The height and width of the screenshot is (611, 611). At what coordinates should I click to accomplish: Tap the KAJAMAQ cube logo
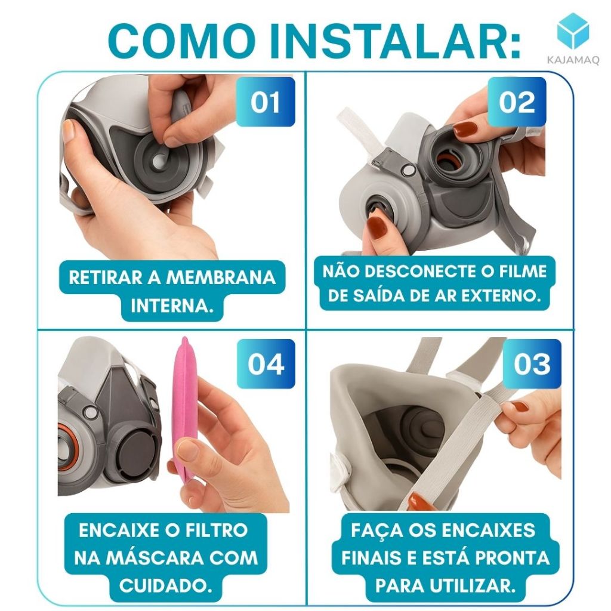[573, 31]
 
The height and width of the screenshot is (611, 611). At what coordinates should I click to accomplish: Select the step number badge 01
[266, 101]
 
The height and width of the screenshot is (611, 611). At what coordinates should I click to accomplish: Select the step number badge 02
[517, 101]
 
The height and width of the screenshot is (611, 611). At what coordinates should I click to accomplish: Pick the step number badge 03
[532, 363]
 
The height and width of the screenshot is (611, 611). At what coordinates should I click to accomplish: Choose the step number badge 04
[266, 363]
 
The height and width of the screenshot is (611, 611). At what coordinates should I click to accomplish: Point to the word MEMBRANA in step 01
[221, 278]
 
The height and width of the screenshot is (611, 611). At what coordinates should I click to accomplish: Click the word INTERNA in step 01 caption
[172, 306]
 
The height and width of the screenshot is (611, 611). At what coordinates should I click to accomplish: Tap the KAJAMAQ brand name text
[573, 60]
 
